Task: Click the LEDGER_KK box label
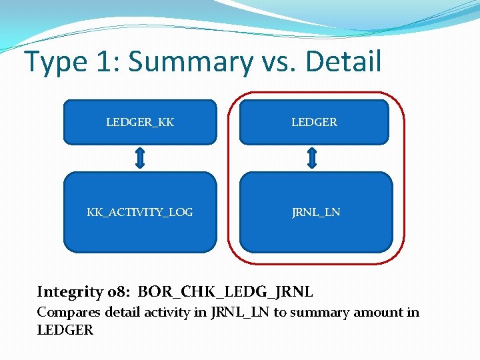coord(140,123)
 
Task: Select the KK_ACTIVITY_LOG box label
coord(140,213)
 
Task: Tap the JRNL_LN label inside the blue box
coord(316,213)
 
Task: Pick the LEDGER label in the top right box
coord(314,123)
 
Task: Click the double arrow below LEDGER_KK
coord(140,159)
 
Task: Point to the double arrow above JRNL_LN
coord(312,159)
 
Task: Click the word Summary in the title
coord(191,62)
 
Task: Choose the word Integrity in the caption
coord(69,292)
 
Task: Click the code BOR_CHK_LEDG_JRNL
coord(226,292)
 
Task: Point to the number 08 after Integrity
coord(115,292)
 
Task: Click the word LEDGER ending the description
coord(65,330)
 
